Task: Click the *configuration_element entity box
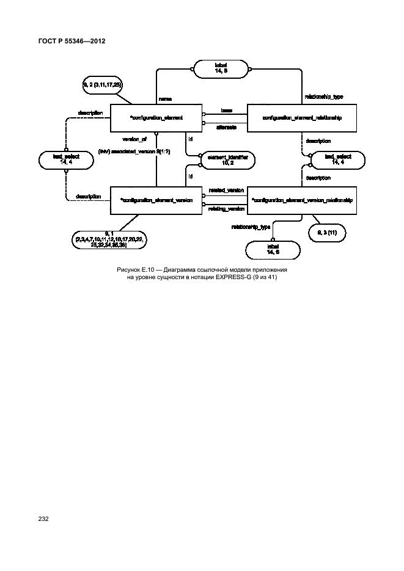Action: pyautogui.click(x=156, y=118)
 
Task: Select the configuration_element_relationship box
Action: pyautogui.click(x=301, y=118)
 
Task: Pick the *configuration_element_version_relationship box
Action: pyautogui.click(x=301, y=200)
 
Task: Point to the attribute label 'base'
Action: pyautogui.click(x=226, y=111)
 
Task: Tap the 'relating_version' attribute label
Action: pyautogui.click(x=226, y=209)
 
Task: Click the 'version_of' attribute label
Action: pyautogui.click(x=134, y=139)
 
